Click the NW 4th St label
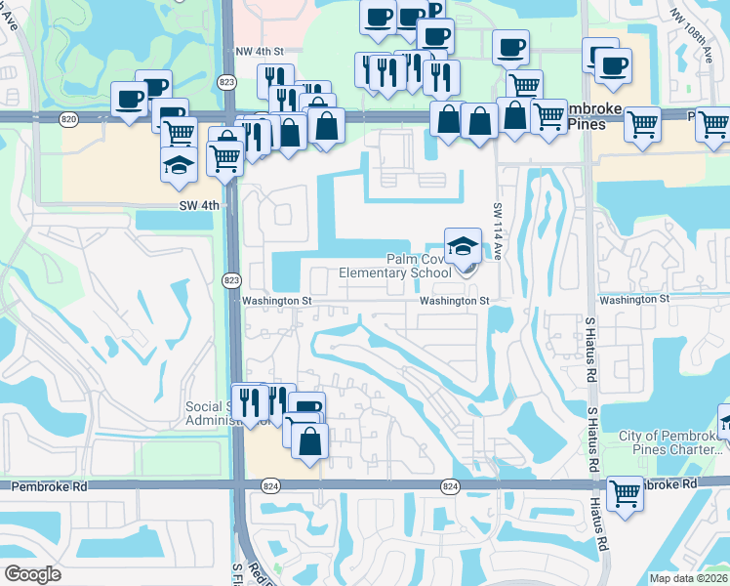[x=259, y=51]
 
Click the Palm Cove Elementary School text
[x=395, y=266]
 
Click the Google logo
[x=32, y=574]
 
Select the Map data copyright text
[x=689, y=577]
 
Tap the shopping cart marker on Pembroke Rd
[x=625, y=492]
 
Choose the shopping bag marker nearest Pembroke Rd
[x=309, y=440]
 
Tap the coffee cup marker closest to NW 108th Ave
[x=613, y=65]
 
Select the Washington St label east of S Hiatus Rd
[x=634, y=299]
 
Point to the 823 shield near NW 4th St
[x=226, y=82]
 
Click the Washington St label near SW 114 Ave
[x=454, y=302]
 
